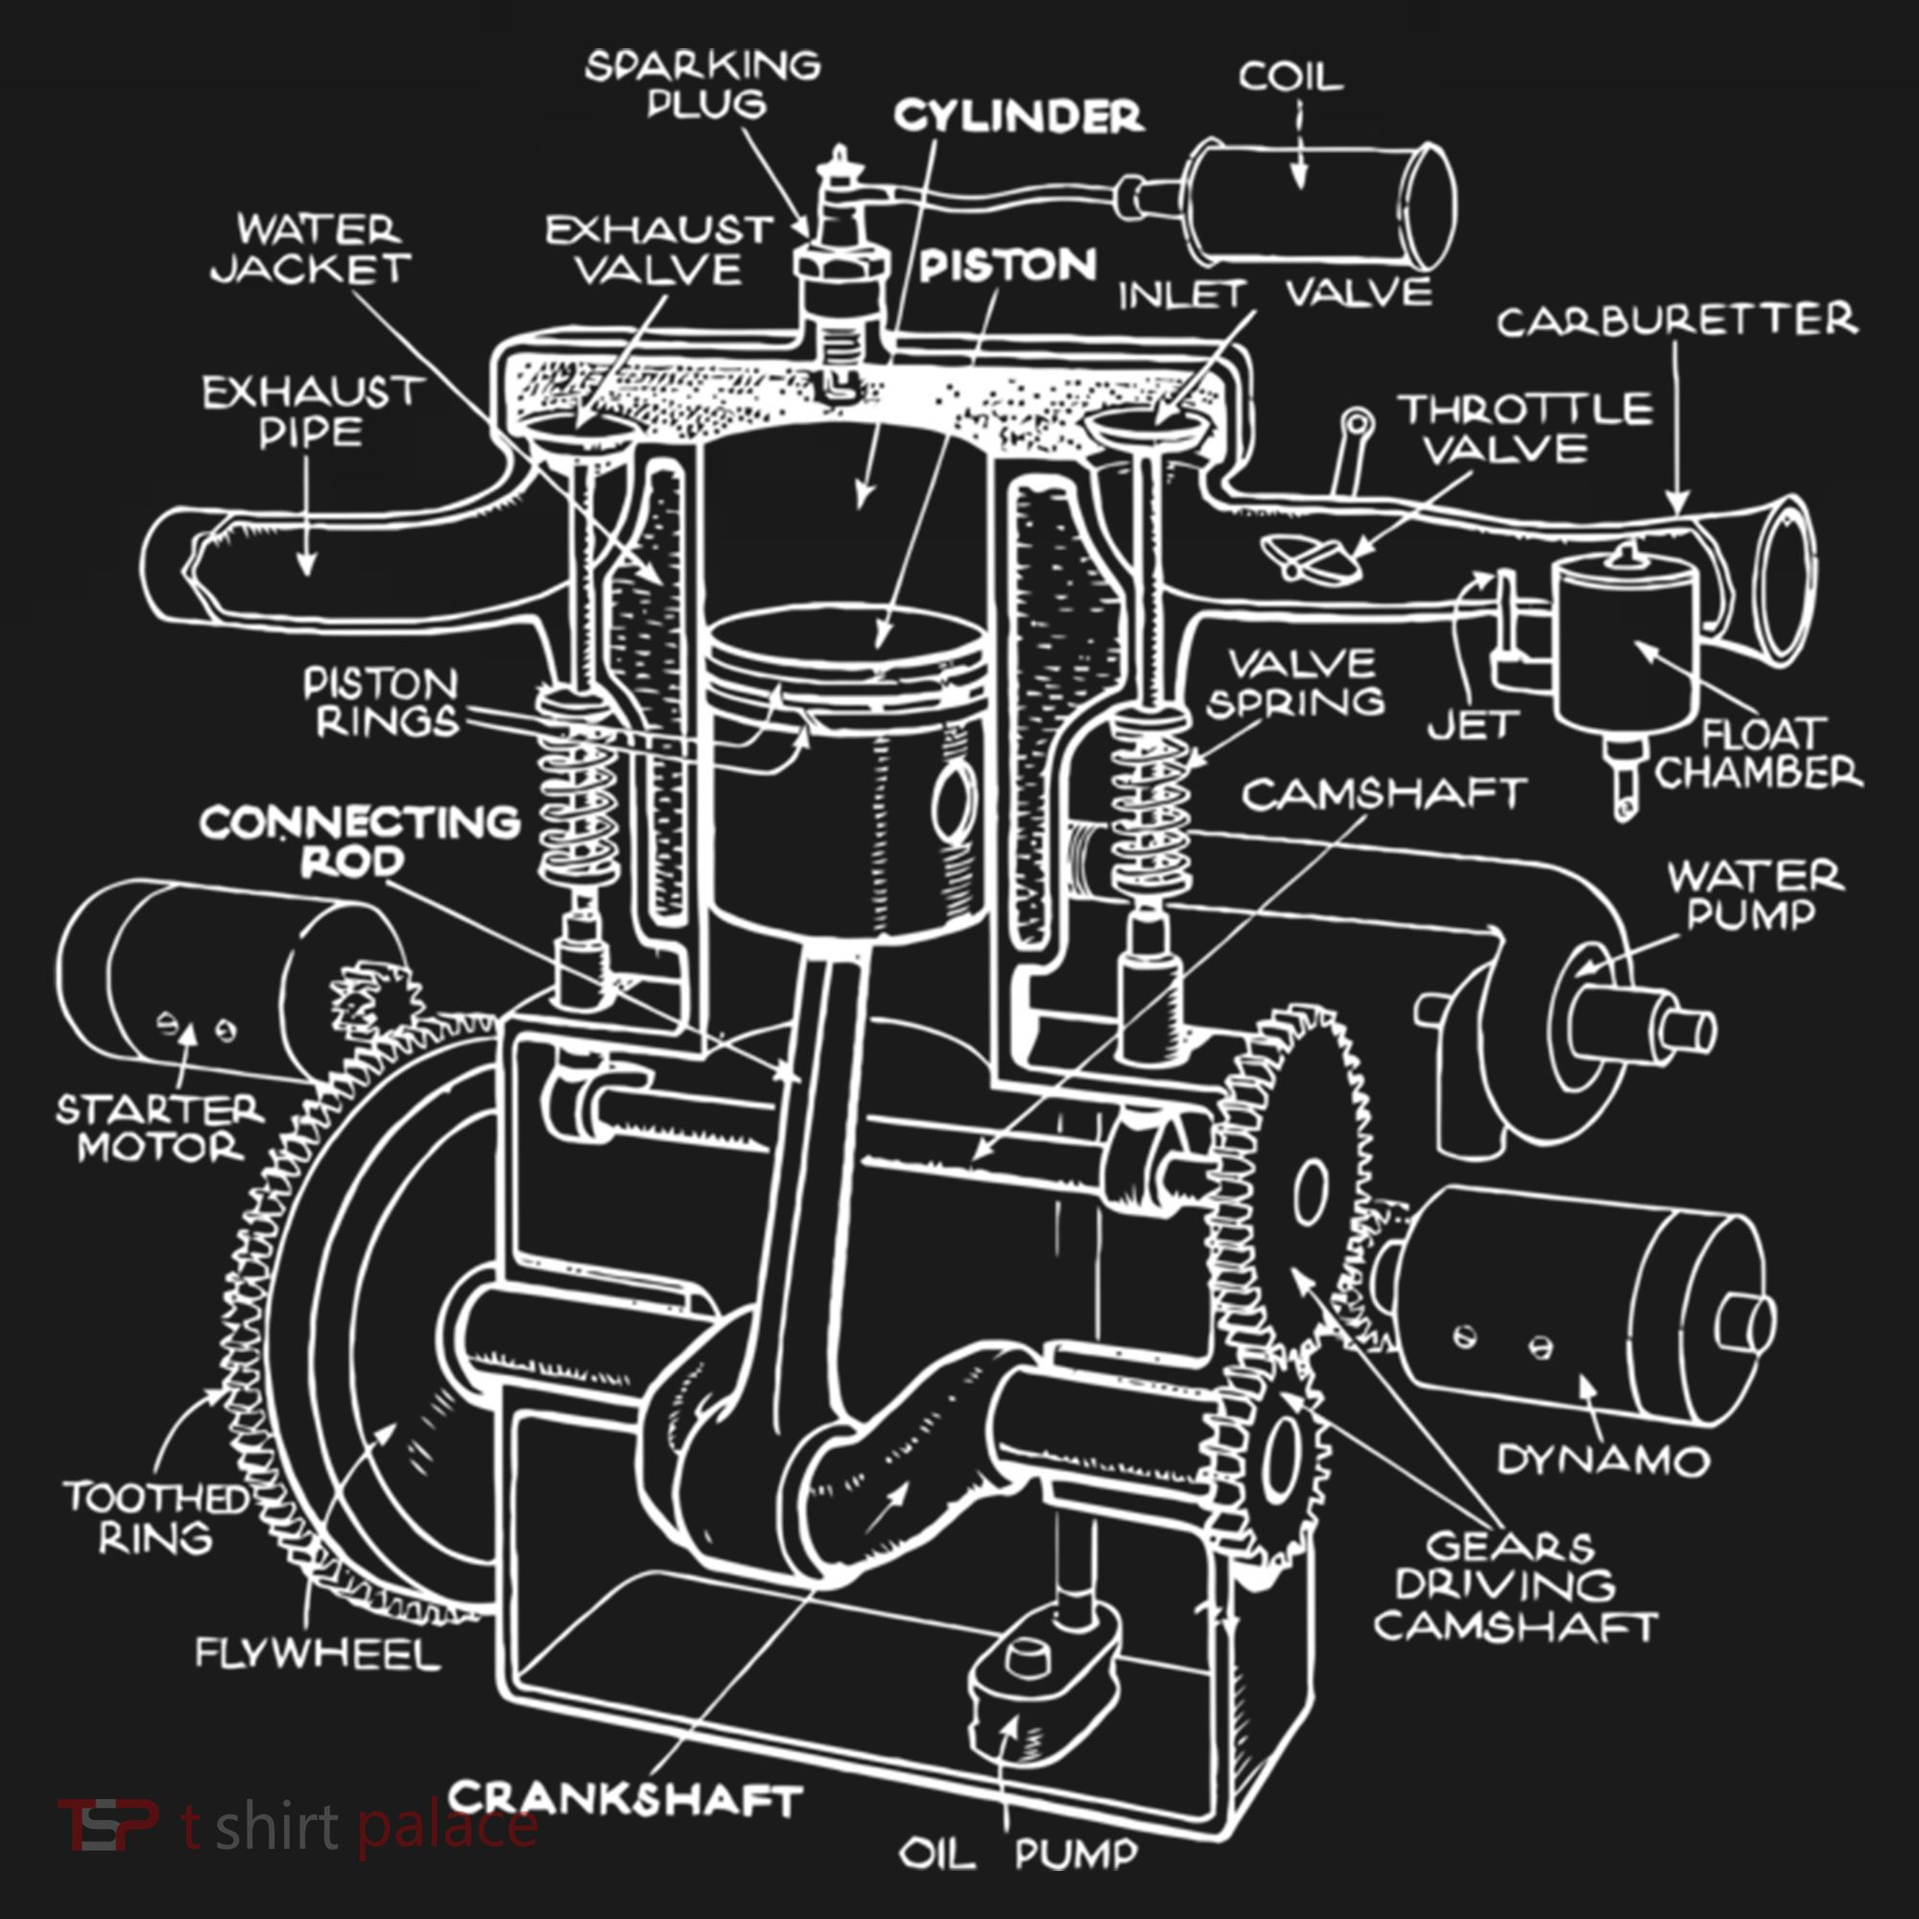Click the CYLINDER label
[x=1018, y=116]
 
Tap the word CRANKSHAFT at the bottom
[x=625, y=1800]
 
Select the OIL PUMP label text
[x=1017, y=1854]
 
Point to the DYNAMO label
[x=1603, y=1460]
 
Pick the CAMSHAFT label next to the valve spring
[x=1384, y=794]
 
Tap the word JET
[x=1474, y=726]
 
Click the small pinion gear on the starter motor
[x=374, y=1005]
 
